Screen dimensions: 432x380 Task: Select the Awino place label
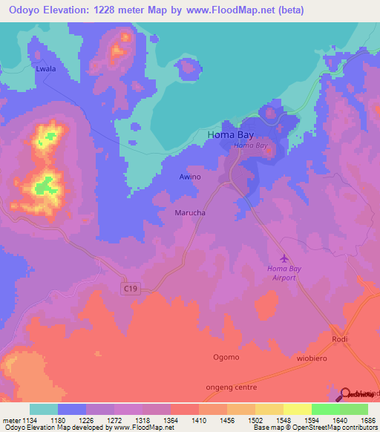[x=190, y=177]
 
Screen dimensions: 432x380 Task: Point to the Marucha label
[x=189, y=213]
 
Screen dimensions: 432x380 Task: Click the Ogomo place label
[x=226, y=357]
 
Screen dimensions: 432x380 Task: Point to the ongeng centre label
[x=230, y=387]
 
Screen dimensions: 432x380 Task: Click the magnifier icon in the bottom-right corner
[x=347, y=396]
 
